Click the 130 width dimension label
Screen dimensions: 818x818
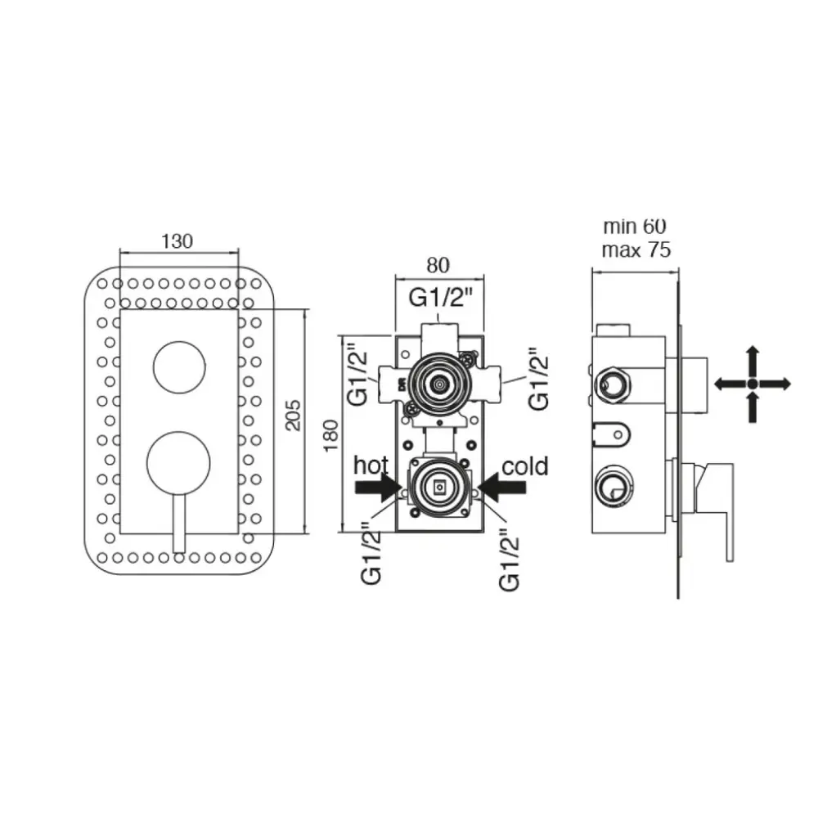177,241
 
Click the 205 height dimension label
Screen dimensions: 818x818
294,416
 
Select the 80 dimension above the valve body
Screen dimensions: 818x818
438,266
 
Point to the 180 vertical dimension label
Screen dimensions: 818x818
330,436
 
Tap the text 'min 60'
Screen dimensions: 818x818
635,227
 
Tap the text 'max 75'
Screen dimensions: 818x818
636,249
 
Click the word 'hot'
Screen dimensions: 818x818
371,465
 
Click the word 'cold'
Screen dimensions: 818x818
525,466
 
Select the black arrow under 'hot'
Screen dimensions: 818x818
378,488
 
